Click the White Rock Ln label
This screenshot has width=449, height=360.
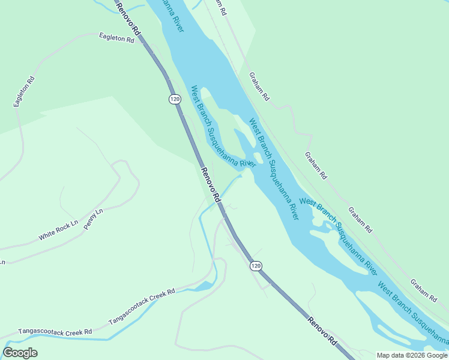(58, 230)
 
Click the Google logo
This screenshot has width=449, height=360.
(20, 353)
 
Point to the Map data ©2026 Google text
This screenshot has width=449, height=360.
(411, 355)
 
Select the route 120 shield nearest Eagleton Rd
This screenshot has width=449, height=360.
(174, 99)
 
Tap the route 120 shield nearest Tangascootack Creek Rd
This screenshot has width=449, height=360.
(256, 265)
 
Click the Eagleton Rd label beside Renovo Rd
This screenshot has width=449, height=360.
(116, 38)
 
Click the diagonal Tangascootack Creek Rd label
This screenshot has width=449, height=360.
(142, 307)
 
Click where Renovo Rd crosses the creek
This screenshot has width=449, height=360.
(218, 202)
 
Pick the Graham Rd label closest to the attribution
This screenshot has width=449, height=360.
(423, 290)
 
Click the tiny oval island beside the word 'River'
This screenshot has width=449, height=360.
(258, 158)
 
